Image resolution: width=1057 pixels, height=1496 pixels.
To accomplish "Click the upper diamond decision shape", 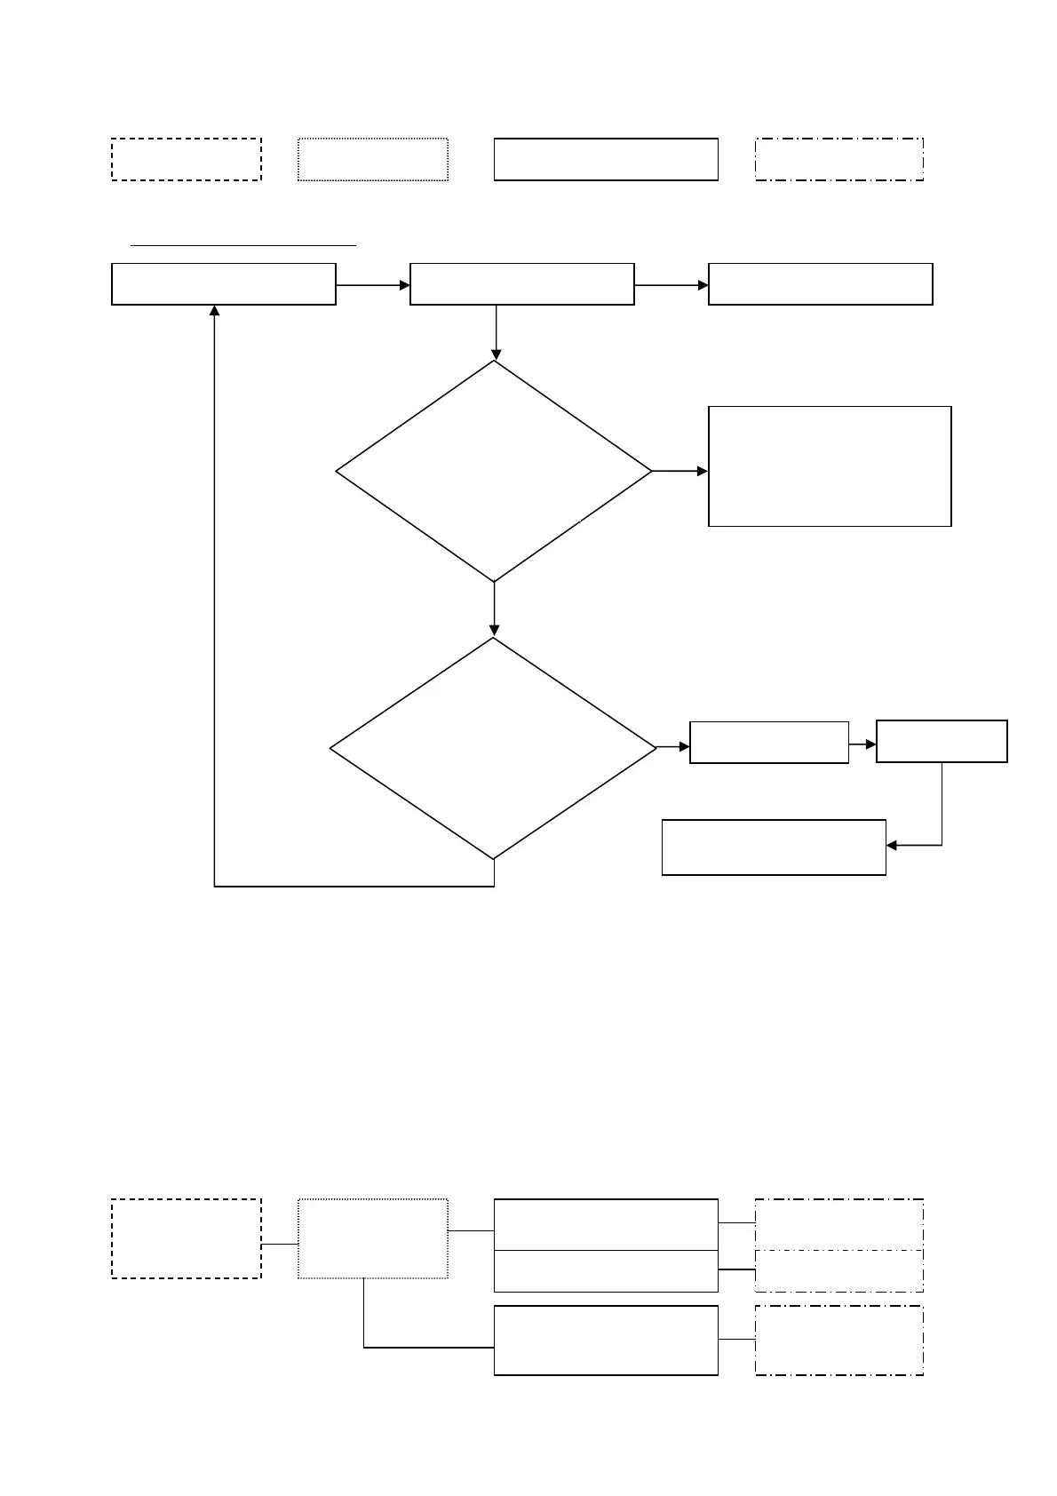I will click(x=494, y=471).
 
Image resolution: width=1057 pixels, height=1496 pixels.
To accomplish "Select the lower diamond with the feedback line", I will click(x=493, y=748).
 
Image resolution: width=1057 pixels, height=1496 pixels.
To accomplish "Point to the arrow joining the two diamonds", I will click(x=494, y=609).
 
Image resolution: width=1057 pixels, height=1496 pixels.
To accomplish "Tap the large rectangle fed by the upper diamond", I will click(x=830, y=466).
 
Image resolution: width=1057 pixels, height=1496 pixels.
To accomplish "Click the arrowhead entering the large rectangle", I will click(x=703, y=471).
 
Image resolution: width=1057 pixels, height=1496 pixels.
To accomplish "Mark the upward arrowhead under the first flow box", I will click(x=214, y=311).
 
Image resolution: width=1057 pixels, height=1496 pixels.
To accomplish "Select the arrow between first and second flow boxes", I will click(x=372, y=285).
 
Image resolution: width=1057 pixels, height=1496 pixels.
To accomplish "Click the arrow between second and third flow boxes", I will click(x=671, y=285).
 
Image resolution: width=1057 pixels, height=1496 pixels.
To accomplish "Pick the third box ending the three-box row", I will click(x=820, y=284).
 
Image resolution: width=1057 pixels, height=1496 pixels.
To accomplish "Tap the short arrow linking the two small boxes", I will click(x=862, y=744).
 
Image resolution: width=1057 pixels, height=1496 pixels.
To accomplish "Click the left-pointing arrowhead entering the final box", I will click(x=892, y=845).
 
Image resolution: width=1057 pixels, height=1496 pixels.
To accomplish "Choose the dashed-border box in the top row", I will click(x=187, y=160).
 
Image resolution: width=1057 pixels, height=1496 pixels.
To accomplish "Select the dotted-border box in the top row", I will click(x=372, y=160).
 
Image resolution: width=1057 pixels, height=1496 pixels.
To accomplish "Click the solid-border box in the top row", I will click(x=606, y=160).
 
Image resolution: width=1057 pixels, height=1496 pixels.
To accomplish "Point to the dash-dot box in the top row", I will click(x=839, y=160).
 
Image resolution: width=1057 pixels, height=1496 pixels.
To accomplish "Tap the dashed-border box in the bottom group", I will click(x=187, y=1238).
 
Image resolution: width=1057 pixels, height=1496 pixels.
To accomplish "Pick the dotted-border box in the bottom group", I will click(x=372, y=1238).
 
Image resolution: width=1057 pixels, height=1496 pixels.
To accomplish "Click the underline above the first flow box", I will click(x=242, y=243).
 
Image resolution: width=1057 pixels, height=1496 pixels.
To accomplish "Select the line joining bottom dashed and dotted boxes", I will click(x=280, y=1245).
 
